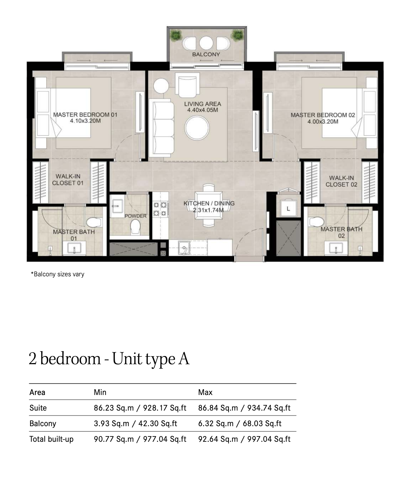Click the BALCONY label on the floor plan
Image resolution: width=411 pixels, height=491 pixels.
coord(206,54)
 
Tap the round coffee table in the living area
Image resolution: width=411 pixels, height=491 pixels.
coord(197,128)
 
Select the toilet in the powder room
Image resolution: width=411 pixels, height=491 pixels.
coord(135,226)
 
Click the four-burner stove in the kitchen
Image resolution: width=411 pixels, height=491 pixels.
coord(160,209)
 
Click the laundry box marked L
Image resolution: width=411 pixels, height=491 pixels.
coord(288,208)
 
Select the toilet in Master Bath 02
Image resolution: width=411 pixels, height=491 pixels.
coord(317,222)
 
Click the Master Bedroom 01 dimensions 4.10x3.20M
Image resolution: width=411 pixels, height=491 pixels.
coord(85,121)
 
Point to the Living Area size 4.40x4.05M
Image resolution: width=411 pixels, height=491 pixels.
coord(203,110)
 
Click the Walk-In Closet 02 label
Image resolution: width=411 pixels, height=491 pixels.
coord(341,181)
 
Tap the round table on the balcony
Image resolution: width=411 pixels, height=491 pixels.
coord(206,43)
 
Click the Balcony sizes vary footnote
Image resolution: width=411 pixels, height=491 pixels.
coord(58,274)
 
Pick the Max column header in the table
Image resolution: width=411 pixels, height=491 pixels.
coord(205,393)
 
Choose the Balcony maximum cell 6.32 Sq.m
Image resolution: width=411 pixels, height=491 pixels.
coord(216,423)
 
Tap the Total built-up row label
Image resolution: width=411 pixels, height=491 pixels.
coord(51,439)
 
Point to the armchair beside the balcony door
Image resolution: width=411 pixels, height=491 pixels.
coord(187,85)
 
